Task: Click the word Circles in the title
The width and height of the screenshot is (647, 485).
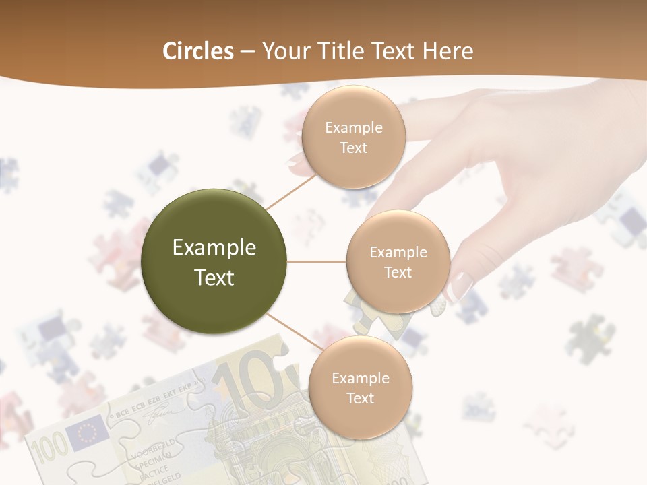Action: click(197, 51)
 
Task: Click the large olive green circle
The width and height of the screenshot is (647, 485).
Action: click(214, 261)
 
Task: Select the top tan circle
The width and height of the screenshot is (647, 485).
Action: click(353, 137)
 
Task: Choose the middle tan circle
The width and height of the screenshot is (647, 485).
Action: click(398, 261)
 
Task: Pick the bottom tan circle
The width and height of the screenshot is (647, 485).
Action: click(360, 387)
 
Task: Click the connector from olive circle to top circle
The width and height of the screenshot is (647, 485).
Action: click(291, 189)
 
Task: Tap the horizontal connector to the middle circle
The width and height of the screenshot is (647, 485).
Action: click(317, 261)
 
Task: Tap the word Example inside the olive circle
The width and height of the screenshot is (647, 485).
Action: click(214, 248)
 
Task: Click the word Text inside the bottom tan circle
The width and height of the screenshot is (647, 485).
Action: click(360, 398)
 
